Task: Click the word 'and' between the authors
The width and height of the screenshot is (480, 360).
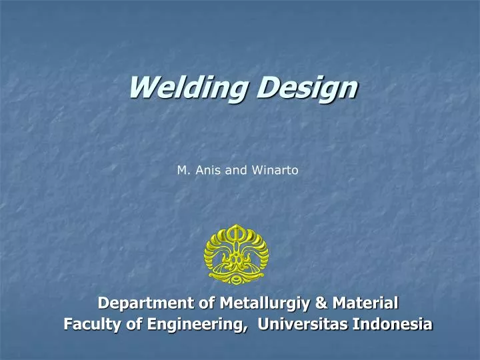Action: (x=235, y=170)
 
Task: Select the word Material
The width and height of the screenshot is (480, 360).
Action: (x=365, y=303)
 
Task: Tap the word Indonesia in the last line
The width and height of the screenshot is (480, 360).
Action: (x=393, y=325)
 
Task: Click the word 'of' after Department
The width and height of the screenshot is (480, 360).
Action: (x=194, y=303)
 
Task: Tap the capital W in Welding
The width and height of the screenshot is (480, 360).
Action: (x=141, y=87)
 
